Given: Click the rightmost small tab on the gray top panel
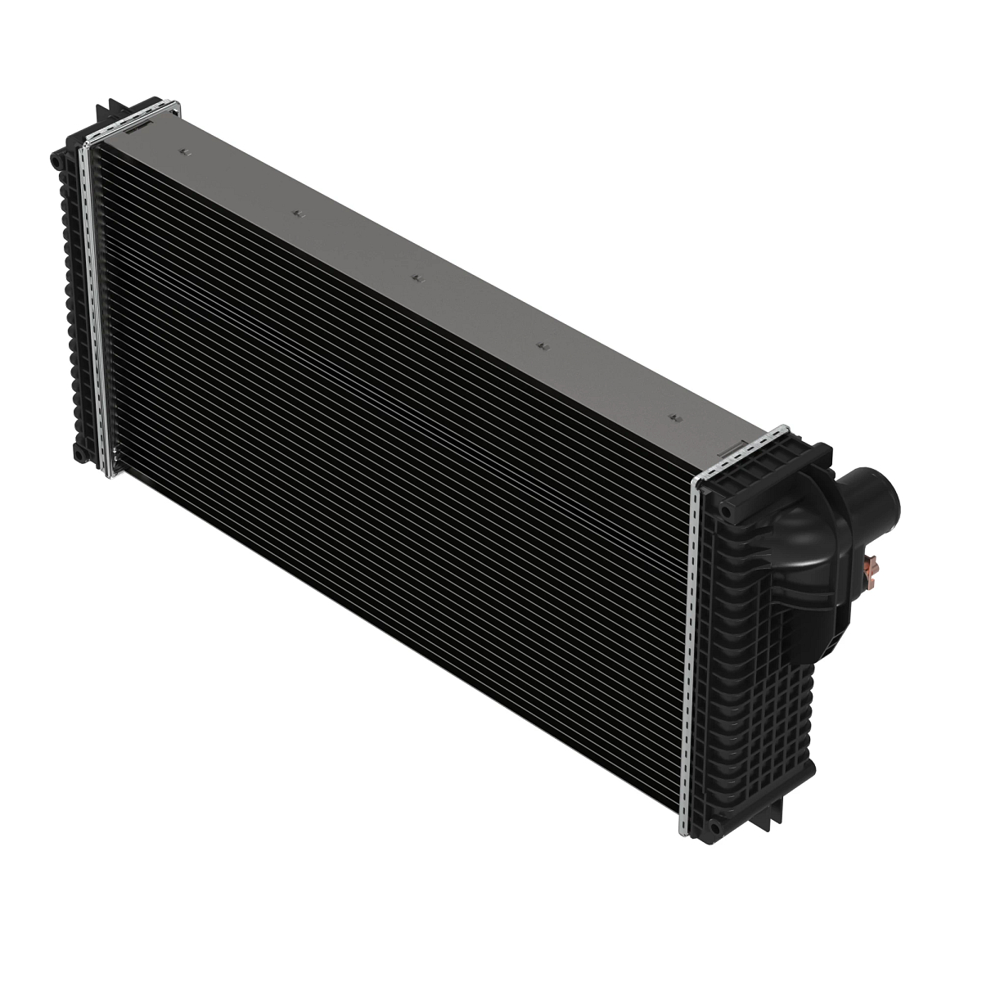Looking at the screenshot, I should pos(674,417).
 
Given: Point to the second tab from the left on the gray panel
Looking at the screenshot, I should pos(298,213).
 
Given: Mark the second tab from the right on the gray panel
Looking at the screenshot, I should pos(540,346).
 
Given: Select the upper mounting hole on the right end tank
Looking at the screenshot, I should pos(727,510).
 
